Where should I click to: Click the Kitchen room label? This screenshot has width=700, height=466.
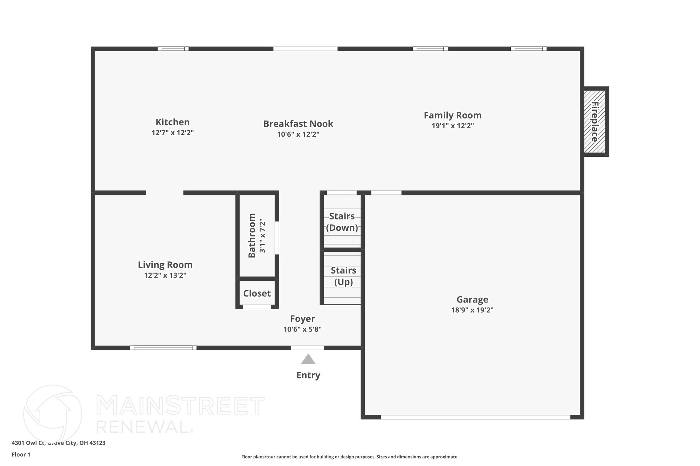pos(172,122)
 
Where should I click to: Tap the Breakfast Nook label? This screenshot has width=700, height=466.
pos(298,124)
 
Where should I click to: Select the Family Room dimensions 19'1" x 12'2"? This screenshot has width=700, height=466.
pos(453,126)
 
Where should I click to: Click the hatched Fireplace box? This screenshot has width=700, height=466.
pos(594,122)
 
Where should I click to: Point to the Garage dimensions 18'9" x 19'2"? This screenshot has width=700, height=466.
pos(472,310)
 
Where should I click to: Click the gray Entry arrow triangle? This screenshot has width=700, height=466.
pos(308,359)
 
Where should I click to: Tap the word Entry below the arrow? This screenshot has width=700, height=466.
pos(308,375)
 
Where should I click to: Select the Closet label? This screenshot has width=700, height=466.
pos(257,293)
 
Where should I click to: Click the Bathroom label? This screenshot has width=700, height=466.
pos(252,235)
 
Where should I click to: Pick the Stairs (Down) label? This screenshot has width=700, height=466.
pos(342,222)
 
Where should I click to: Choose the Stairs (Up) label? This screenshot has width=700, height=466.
pos(343,276)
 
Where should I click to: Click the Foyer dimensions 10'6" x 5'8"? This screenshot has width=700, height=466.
pos(302,329)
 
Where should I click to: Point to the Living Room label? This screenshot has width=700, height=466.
pos(165,265)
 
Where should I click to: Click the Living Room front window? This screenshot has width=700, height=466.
pos(163,348)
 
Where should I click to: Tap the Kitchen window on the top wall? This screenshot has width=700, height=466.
pos(173,49)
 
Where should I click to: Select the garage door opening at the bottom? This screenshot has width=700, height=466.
pos(475,417)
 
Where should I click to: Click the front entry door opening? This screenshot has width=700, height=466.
pos(307,348)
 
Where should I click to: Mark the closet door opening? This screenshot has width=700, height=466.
pos(257,307)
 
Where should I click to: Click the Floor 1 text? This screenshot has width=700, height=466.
pos(21,454)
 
